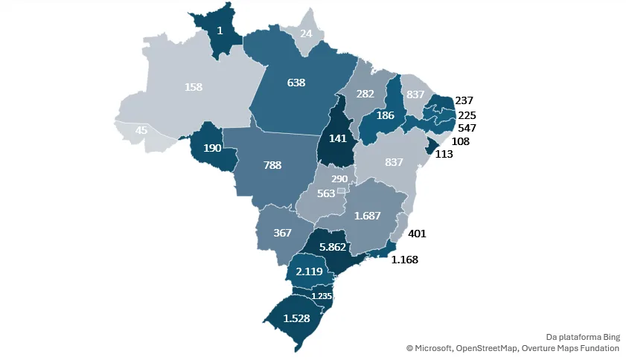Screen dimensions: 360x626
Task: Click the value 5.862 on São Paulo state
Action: [333, 248]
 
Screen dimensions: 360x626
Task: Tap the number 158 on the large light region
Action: [194, 87]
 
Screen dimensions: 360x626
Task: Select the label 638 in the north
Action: [296, 83]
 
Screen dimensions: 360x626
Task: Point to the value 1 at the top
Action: [220, 31]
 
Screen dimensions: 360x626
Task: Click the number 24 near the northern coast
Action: [306, 33]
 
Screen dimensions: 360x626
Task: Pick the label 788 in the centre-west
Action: [272, 165]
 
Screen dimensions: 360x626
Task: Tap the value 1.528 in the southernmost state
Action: [296, 318]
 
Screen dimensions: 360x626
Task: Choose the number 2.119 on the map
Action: [309, 271]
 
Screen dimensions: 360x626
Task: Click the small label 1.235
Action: [322, 296]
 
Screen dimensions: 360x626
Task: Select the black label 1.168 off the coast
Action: [406, 260]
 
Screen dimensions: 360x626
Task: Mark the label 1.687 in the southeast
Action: [368, 216]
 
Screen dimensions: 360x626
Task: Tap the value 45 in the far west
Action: [141, 131]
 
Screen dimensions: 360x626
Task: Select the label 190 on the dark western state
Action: [212, 147]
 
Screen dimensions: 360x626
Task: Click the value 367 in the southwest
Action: [282, 233]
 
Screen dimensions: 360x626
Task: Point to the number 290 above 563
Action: [339, 179]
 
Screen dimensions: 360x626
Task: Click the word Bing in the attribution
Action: [610, 336]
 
